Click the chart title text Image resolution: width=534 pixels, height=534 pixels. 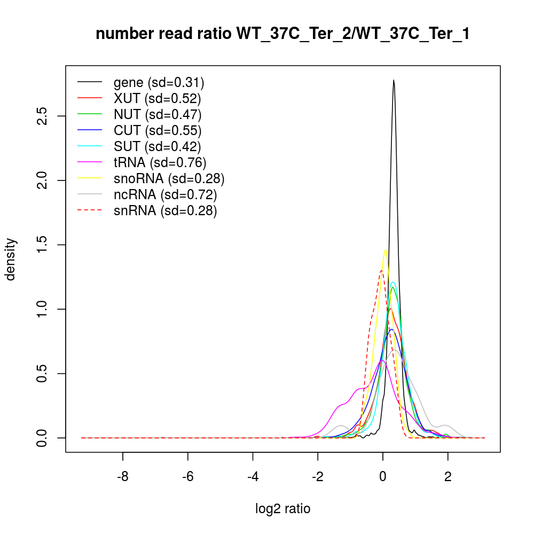pos(282,34)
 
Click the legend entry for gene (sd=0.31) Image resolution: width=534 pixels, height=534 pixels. pos(159,83)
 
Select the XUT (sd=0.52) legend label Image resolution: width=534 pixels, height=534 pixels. pos(157,99)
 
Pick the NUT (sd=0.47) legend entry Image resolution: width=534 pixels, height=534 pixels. pos(158,114)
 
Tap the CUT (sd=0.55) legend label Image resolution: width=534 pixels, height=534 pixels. pos(158,130)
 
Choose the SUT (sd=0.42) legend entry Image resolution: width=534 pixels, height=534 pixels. pos(158,146)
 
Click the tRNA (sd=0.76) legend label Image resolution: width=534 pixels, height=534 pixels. pos(160,162)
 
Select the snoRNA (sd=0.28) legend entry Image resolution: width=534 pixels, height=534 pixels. pos(169,178)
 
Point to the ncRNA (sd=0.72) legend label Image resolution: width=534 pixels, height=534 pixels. pos(165,194)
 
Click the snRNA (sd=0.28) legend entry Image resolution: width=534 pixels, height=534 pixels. pos(165,210)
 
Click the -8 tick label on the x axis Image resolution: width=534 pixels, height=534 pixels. pos(123,477)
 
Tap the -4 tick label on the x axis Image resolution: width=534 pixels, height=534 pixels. pos(253,477)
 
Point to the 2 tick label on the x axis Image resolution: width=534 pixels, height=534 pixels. pos(448,477)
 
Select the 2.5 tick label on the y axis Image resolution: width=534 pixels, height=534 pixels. pos(42,116)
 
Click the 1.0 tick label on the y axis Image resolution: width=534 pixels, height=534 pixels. pos(42,309)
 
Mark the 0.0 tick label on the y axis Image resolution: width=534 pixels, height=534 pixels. pos(42,438)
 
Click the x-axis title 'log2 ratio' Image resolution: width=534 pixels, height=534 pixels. pos(283,509)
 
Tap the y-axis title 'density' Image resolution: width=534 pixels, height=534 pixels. pos(11,259)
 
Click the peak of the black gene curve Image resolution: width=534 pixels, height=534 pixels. pos(394,81)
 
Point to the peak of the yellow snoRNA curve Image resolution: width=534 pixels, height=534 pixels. pos(385,250)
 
